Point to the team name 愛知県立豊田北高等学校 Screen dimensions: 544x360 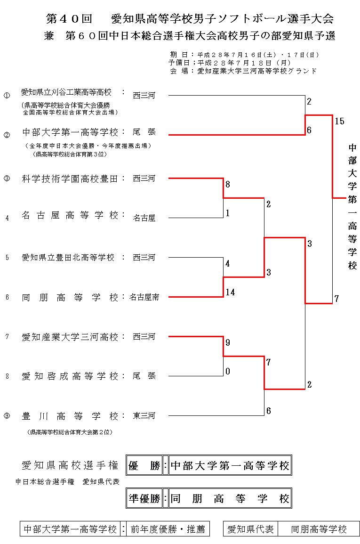(x=68, y=258)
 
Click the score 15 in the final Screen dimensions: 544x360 (x=339, y=122)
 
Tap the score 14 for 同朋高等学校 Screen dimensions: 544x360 (x=230, y=292)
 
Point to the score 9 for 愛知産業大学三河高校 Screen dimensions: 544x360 (x=228, y=343)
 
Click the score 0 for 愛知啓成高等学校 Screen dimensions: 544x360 (x=228, y=372)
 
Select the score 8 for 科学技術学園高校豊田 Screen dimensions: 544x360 (x=228, y=185)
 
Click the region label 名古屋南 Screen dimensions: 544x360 (x=144, y=297)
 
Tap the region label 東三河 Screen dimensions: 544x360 (x=144, y=416)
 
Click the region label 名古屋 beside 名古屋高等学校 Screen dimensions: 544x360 (x=144, y=218)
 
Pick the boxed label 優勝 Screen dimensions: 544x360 (x=144, y=466)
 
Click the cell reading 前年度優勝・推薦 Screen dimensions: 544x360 (x=168, y=529)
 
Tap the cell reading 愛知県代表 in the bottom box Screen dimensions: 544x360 (x=250, y=529)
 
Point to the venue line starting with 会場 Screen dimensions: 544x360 (x=243, y=71)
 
